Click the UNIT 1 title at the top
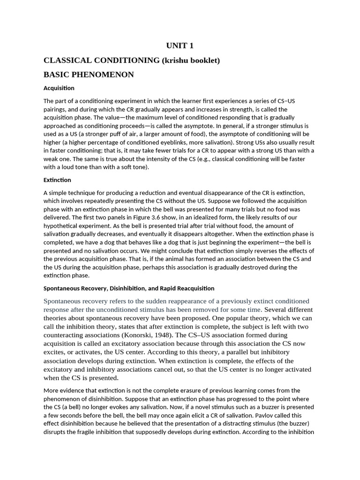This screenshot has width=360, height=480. click(x=180, y=45)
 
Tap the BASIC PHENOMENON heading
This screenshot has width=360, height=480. click(x=89, y=75)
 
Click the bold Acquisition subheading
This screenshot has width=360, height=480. click(x=59, y=88)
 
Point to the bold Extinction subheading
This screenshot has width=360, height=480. click(x=57, y=180)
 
